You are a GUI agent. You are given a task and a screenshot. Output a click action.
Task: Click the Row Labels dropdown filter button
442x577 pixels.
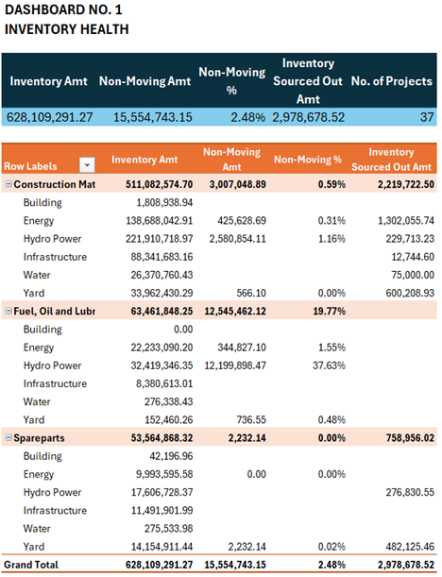[x=87, y=165]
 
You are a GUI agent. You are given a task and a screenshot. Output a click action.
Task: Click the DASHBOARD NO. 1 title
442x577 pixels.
[x=63, y=10]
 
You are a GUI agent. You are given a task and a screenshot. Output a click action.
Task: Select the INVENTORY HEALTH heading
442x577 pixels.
[x=67, y=29]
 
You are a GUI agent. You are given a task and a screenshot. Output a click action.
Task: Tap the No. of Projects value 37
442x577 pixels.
[x=427, y=117]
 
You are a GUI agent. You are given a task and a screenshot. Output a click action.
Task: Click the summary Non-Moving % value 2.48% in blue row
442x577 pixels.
[x=247, y=117]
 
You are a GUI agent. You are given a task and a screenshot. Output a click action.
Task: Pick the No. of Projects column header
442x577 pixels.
[x=392, y=81]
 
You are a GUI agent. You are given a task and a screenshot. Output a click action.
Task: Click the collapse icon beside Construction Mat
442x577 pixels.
[x=8, y=184]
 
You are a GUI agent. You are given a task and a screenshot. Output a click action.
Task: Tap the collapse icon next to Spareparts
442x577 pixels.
[x=8, y=437]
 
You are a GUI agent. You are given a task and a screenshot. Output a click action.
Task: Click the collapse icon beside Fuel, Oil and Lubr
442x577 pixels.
[x=8, y=311]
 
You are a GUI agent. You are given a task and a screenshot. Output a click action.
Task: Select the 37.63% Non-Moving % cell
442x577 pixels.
[x=329, y=365]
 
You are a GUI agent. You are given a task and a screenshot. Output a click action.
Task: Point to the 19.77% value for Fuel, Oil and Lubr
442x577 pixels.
[x=329, y=312]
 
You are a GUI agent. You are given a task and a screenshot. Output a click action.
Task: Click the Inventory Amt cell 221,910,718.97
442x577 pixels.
[x=159, y=239]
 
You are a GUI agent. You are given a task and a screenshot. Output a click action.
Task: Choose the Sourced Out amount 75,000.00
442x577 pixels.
[x=413, y=275]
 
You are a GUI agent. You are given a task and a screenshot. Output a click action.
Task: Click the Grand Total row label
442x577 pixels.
[x=31, y=565]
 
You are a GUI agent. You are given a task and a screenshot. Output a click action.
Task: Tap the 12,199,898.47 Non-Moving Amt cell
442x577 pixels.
[x=235, y=365]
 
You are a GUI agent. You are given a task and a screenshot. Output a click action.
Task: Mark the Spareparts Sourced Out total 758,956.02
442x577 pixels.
[x=410, y=438]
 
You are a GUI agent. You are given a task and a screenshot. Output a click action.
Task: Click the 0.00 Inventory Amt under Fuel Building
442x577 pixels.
[x=183, y=330]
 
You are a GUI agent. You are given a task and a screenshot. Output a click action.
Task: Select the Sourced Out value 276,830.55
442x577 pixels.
[x=410, y=492]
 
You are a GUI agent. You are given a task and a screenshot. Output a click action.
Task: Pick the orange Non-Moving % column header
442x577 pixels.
[x=308, y=160]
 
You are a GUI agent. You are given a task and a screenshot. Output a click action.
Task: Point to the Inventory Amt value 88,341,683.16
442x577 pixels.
[x=161, y=257]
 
